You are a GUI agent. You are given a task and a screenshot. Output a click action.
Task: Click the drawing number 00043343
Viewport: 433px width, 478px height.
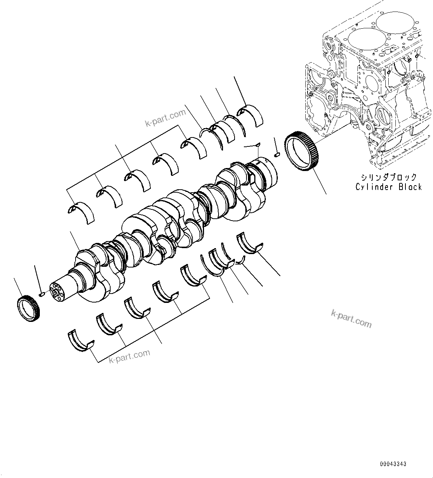click(393, 464)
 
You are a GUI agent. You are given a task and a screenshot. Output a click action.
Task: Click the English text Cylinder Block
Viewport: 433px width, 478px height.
click(388, 187)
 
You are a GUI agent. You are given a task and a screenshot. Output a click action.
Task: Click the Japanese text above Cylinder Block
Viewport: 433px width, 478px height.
click(388, 177)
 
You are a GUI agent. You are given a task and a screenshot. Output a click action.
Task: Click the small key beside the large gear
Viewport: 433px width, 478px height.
click(277, 154)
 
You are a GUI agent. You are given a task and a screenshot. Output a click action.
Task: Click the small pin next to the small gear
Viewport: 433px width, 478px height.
click(42, 294)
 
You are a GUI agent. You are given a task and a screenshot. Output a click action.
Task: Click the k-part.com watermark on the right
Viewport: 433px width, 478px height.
click(351, 319)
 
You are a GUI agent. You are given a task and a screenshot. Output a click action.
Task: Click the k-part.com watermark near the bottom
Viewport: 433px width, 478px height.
click(130, 356)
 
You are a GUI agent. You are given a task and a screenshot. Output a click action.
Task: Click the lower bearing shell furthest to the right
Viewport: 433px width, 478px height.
click(249, 244)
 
